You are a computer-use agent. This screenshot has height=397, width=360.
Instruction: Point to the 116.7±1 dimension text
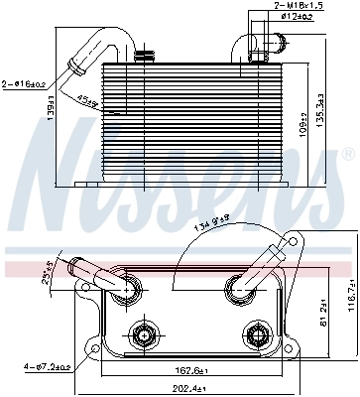(350, 293)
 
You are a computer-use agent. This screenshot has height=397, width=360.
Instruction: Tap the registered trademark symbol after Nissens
(347, 156)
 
